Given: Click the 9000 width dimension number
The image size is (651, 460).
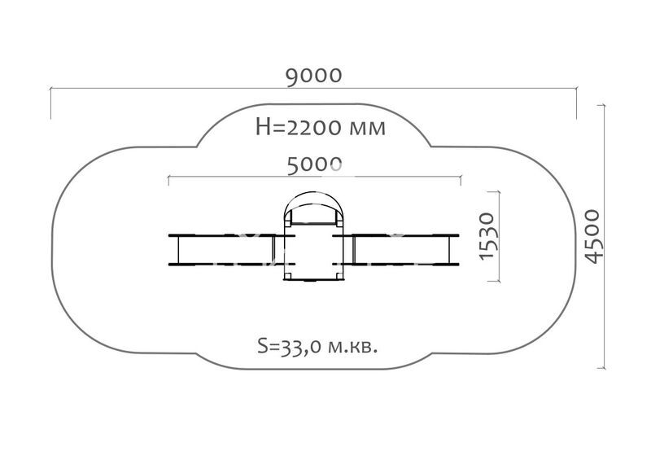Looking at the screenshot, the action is point(313,76).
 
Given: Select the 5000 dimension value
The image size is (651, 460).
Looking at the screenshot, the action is point(313,165).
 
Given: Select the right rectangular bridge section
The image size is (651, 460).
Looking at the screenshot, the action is point(402,249).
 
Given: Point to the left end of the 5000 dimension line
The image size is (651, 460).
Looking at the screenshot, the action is point(168,177).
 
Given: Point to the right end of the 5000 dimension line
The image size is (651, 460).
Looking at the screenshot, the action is point(461,177).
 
